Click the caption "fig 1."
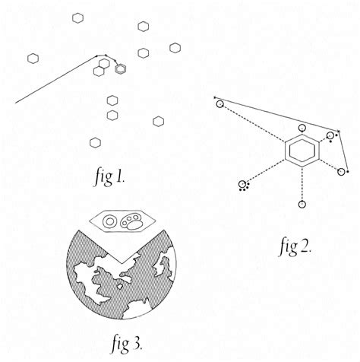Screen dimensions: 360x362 tap(109, 176)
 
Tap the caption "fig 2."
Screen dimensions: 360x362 tap(295, 246)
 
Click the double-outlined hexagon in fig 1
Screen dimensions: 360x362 tap(121, 69)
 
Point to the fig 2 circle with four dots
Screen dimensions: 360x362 tap(242, 184)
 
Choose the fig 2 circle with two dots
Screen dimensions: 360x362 tap(330, 135)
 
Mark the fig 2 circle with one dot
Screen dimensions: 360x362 tap(341, 172)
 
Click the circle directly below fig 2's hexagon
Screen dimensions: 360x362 tap(302, 204)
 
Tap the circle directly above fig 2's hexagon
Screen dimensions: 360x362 tap(302, 128)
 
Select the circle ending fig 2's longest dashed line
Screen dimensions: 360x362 tap(220, 104)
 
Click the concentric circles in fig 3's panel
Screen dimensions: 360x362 tap(109, 221)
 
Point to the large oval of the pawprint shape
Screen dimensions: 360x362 tap(134, 225)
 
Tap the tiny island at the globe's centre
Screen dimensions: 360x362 tap(119, 287)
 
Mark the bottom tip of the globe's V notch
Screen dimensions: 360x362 tap(122, 263)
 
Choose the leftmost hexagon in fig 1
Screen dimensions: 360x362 tap(33, 59)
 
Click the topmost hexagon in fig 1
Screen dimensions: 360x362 tap(77, 18)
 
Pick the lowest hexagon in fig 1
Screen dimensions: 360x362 tap(95, 142)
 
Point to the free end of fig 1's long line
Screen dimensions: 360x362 tap(15, 103)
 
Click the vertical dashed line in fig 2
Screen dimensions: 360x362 tap(302, 183)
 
